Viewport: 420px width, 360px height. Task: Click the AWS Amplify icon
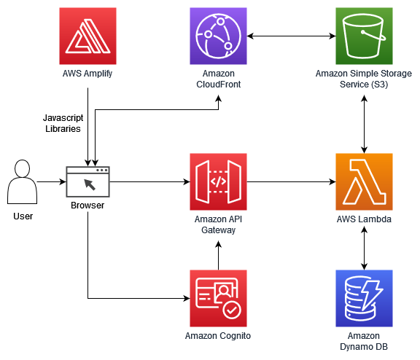pos(87,36)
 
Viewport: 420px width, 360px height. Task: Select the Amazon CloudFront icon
pos(218,36)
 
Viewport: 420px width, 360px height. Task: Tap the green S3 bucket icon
pos(364,36)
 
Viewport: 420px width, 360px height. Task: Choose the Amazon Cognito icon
pos(218,298)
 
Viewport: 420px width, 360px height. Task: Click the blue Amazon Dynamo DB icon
pos(364,298)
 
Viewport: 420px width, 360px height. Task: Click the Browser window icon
pos(87,182)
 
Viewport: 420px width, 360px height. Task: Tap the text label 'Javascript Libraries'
pos(61,122)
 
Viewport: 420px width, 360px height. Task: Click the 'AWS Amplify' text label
pos(87,74)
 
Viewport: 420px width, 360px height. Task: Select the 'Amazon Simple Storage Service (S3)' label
pos(364,79)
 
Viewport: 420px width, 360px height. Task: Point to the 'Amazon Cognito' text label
pos(218,336)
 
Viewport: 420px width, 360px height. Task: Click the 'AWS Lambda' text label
pos(364,219)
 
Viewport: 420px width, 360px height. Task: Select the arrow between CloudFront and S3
pos(291,36)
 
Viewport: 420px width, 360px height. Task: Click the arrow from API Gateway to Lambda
pos(291,182)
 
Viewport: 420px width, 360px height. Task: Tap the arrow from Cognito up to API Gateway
pos(218,254)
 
